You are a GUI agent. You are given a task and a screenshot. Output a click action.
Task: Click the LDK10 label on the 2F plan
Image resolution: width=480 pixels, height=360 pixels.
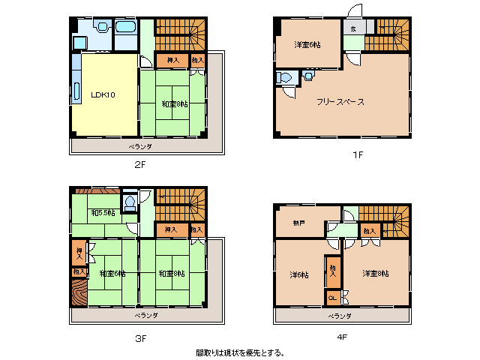(x=102, y=95)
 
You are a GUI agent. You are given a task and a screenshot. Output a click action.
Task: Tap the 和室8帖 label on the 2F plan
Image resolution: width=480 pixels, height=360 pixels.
(x=174, y=103)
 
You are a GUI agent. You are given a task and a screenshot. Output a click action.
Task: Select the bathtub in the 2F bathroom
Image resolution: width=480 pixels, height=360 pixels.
(x=125, y=28)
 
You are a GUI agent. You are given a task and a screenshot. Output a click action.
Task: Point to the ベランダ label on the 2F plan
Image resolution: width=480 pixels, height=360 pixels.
(x=139, y=146)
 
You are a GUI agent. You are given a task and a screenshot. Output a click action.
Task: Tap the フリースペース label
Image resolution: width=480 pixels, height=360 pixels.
(x=340, y=101)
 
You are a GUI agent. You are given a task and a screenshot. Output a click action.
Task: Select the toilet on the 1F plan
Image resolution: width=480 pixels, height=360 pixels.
(x=285, y=77)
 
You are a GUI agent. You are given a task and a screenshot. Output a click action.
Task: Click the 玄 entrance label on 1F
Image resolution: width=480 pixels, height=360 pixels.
(x=352, y=28)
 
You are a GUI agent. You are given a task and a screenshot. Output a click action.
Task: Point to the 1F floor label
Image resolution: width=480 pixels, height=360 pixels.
(x=358, y=154)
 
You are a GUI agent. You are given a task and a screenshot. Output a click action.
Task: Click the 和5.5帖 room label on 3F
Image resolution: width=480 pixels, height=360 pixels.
(x=103, y=213)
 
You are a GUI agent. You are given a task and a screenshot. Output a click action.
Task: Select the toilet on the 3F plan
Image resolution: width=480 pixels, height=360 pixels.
(x=129, y=202)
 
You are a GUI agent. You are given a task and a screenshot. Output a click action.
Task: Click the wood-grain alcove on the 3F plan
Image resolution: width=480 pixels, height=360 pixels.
(x=78, y=292)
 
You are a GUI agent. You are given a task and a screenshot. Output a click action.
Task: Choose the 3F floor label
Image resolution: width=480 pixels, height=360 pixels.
(x=140, y=337)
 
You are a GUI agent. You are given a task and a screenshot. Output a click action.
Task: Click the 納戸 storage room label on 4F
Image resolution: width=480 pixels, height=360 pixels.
(x=298, y=223)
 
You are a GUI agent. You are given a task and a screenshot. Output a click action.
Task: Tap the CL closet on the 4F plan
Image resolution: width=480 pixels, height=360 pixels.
(x=332, y=298)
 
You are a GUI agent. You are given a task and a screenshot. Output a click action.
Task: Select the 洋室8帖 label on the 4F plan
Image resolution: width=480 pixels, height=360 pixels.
(x=375, y=273)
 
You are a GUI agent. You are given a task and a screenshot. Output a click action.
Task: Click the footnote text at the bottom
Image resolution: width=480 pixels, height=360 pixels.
(x=240, y=352)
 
